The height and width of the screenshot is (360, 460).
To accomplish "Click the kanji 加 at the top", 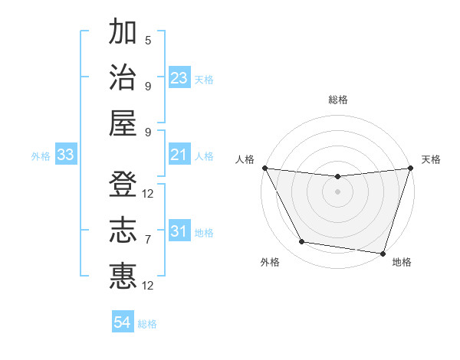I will point(123,32).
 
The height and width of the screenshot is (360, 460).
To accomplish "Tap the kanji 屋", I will point(123,123).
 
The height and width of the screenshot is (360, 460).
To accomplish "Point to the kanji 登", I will point(123,185).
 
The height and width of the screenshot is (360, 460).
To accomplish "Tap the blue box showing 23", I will point(179,78).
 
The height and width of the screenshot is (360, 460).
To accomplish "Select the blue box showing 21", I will point(179,155).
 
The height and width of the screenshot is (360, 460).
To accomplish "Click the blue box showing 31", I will point(179,231).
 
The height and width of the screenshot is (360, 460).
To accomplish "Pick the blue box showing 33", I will point(66,155).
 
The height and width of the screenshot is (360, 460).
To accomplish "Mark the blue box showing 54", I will point(123,322).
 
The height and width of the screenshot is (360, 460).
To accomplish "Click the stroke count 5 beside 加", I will point(148,41).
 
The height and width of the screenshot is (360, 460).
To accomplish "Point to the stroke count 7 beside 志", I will point(148,239).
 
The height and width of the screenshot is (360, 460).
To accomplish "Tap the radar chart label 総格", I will point(337,100).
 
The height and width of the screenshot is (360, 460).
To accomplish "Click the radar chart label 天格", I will point(431,159).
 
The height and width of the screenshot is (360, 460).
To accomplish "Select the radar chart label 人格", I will point(245,159).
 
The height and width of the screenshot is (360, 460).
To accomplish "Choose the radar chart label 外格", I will point(270,263).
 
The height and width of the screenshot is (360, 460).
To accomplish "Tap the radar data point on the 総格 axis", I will point(337,177).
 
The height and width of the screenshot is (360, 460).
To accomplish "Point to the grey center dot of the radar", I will point(337,191).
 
